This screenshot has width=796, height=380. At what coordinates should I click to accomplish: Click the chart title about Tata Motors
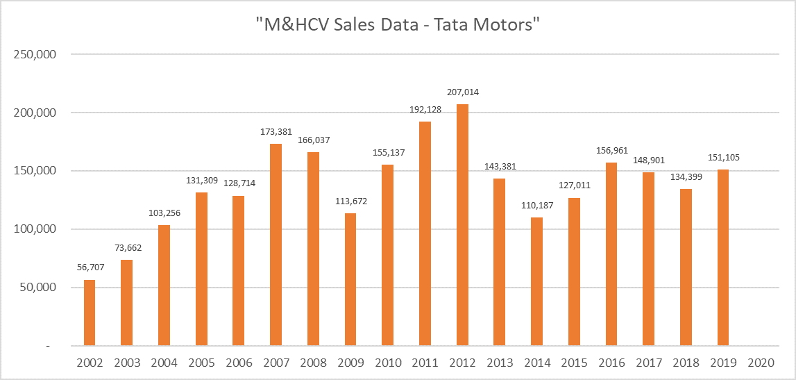pyautogui.click(x=398, y=24)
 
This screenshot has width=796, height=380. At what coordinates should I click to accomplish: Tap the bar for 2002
pyautogui.click(x=90, y=313)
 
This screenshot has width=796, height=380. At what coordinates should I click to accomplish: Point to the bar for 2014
pyautogui.click(x=536, y=281)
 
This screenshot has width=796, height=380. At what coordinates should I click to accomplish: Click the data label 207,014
pyautogui.click(x=462, y=92)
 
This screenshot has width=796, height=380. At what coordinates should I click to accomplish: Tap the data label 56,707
pyautogui.click(x=90, y=268)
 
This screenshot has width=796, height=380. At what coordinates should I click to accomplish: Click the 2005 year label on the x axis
pyautogui.click(x=201, y=363)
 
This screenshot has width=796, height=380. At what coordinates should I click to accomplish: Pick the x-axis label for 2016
pyautogui.click(x=611, y=363)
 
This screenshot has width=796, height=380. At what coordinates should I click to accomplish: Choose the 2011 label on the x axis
pyautogui.click(x=425, y=363)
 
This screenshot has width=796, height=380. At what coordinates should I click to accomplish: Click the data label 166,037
pyautogui.click(x=313, y=140)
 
